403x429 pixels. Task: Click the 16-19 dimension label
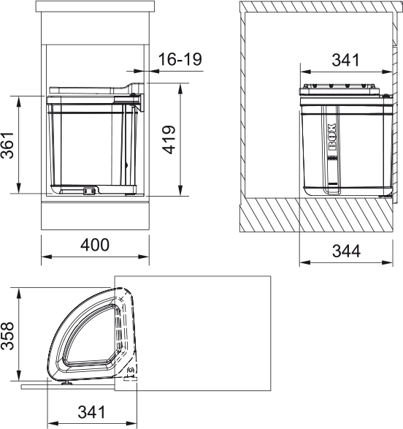click(x=180, y=59)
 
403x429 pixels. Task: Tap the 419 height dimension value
click(x=169, y=140)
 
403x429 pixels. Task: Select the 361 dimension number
click(x=7, y=145)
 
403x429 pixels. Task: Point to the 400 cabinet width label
click(x=95, y=245)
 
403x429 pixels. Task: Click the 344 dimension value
click(x=346, y=251)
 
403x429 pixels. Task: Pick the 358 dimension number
click(x=7, y=335)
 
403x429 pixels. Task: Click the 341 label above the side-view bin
click(x=345, y=60)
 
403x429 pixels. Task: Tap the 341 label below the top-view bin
click(x=91, y=412)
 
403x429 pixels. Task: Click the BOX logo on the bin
click(x=331, y=137)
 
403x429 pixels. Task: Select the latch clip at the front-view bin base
click(x=90, y=190)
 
